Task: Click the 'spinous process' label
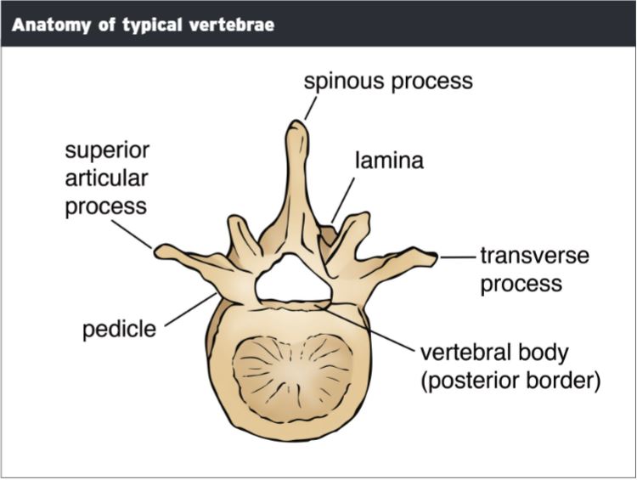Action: click(x=388, y=82)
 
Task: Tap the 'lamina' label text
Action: click(x=389, y=160)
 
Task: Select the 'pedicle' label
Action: click(x=120, y=329)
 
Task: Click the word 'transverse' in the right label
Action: click(x=534, y=256)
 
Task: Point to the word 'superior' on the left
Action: click(x=107, y=151)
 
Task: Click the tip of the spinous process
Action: click(x=295, y=126)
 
